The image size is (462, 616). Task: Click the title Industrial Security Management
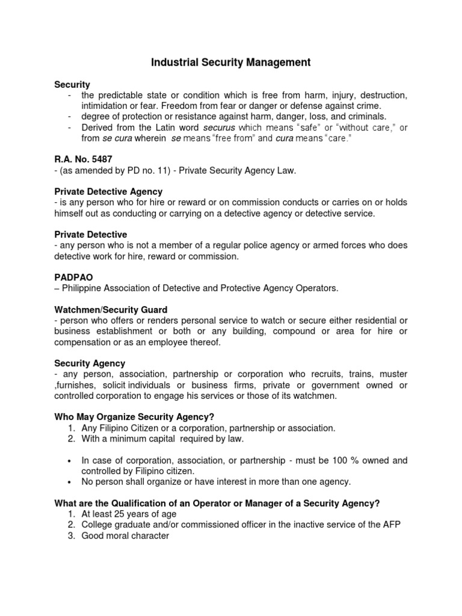point(230,62)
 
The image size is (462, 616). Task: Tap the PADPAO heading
point(73,278)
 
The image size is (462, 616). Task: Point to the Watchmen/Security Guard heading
point(111,309)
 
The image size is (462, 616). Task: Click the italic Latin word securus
point(220,128)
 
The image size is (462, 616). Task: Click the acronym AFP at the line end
point(390,525)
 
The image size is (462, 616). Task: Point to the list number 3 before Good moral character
point(70,535)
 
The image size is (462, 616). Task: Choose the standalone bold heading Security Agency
point(90,363)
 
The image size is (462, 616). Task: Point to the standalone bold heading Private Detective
point(91,234)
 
